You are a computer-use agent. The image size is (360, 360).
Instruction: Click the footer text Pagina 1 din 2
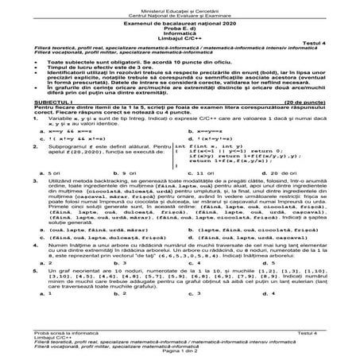pos(180,354)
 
